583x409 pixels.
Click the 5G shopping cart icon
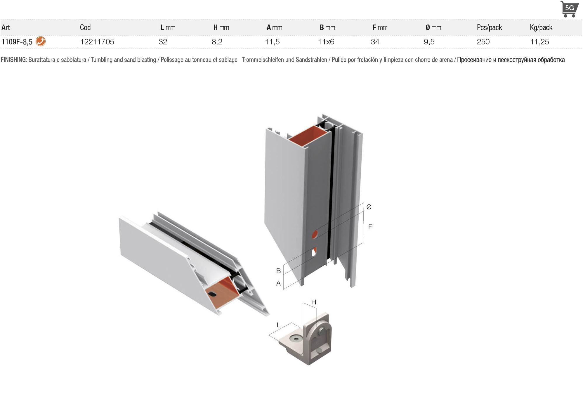[569, 9]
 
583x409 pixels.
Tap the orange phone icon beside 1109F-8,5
[41, 41]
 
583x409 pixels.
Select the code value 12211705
[97, 42]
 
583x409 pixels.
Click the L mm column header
[168, 27]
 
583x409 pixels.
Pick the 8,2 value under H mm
[217, 42]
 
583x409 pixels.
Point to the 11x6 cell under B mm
[326, 42]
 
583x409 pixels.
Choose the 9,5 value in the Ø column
[429, 42]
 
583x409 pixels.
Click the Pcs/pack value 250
[483, 42]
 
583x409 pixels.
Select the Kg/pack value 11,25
[539, 42]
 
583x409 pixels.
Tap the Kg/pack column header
[541, 27]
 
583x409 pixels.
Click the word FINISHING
[14, 60]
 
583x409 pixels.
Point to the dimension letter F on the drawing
[370, 227]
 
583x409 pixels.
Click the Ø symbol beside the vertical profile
[369, 207]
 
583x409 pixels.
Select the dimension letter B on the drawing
[278, 271]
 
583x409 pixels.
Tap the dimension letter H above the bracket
[314, 302]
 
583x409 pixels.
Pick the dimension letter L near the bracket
[279, 325]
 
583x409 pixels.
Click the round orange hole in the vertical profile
[315, 234]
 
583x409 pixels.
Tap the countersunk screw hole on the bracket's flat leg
[296, 339]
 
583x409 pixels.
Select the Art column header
[6, 27]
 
